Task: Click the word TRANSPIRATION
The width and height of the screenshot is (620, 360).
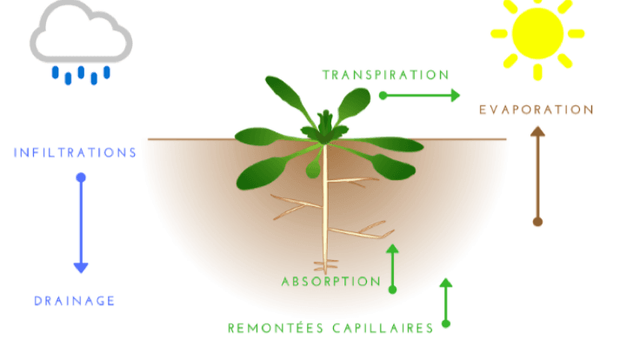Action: point(385,75)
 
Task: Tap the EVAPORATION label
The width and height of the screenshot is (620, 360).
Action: point(537,110)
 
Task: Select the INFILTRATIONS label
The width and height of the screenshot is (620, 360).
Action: point(75,153)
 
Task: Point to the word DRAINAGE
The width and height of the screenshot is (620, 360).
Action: point(74,301)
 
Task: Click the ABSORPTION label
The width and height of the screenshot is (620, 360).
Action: point(331,282)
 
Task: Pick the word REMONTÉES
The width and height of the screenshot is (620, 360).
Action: point(276,328)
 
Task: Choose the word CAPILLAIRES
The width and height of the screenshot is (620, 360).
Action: point(383,329)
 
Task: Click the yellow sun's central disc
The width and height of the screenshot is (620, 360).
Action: point(537,34)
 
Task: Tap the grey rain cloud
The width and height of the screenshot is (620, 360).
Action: point(81,32)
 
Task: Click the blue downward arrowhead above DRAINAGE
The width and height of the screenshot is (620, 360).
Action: point(81,268)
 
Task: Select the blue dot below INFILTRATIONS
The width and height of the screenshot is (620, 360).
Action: point(81,177)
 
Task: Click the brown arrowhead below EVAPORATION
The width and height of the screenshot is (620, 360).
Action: point(537,131)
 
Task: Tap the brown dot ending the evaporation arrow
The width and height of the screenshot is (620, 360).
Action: point(537,222)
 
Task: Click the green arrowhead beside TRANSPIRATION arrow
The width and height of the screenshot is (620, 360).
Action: point(456,96)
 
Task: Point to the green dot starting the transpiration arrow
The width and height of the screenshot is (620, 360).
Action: point(383,96)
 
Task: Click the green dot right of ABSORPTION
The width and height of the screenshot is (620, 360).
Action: point(392,290)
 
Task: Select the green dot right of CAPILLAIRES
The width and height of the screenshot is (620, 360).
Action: point(445,323)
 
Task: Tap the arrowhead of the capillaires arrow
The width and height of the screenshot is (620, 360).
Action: point(445,283)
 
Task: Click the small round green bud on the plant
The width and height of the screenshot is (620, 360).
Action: point(313,170)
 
